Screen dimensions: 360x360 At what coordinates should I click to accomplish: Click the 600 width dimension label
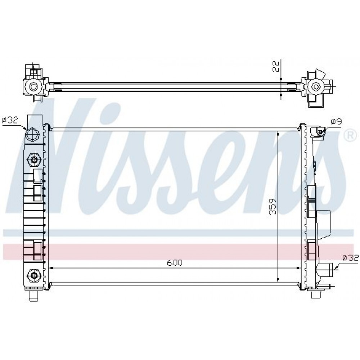point(175,263)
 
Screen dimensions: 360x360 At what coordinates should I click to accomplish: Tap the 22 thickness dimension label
point(276,66)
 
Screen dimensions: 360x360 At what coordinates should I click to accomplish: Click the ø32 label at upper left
point(10,120)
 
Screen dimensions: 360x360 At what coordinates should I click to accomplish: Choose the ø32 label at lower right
point(350,258)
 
